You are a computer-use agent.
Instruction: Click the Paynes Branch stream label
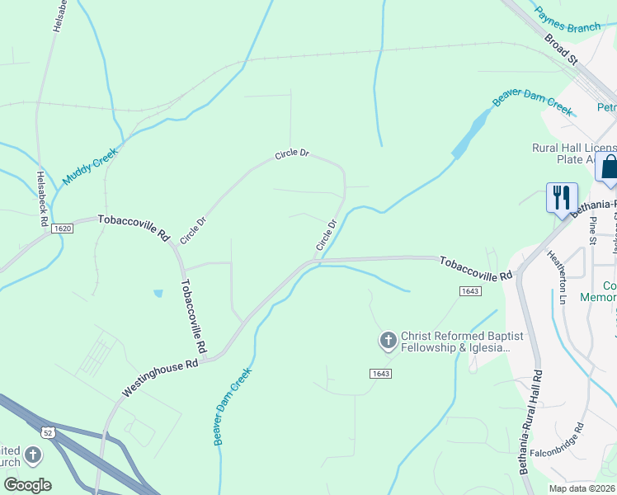coord(568,21)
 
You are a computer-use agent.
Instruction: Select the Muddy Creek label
coord(91,166)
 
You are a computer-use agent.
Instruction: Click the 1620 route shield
coord(62,229)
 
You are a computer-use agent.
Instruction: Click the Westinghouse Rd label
coord(162,375)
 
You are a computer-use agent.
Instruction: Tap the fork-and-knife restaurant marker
coord(562,198)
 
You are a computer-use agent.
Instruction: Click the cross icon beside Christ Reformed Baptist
coord(388,340)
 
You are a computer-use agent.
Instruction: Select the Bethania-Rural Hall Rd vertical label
coord(530,421)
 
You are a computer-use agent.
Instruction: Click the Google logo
coord(27,484)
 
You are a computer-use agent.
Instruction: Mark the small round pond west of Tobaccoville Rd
coord(157,293)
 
